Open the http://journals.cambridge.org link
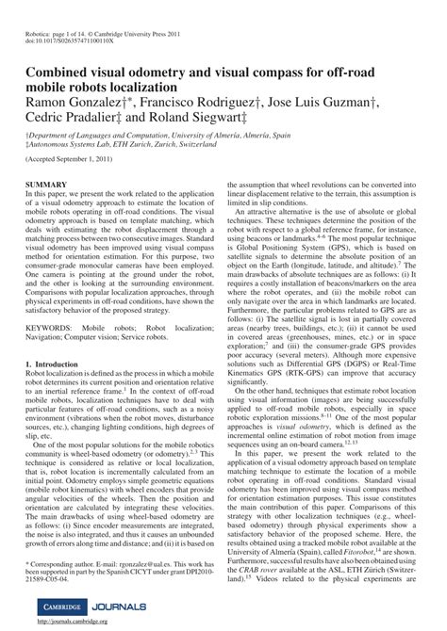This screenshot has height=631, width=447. pyautogui.click(x=75, y=623)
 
